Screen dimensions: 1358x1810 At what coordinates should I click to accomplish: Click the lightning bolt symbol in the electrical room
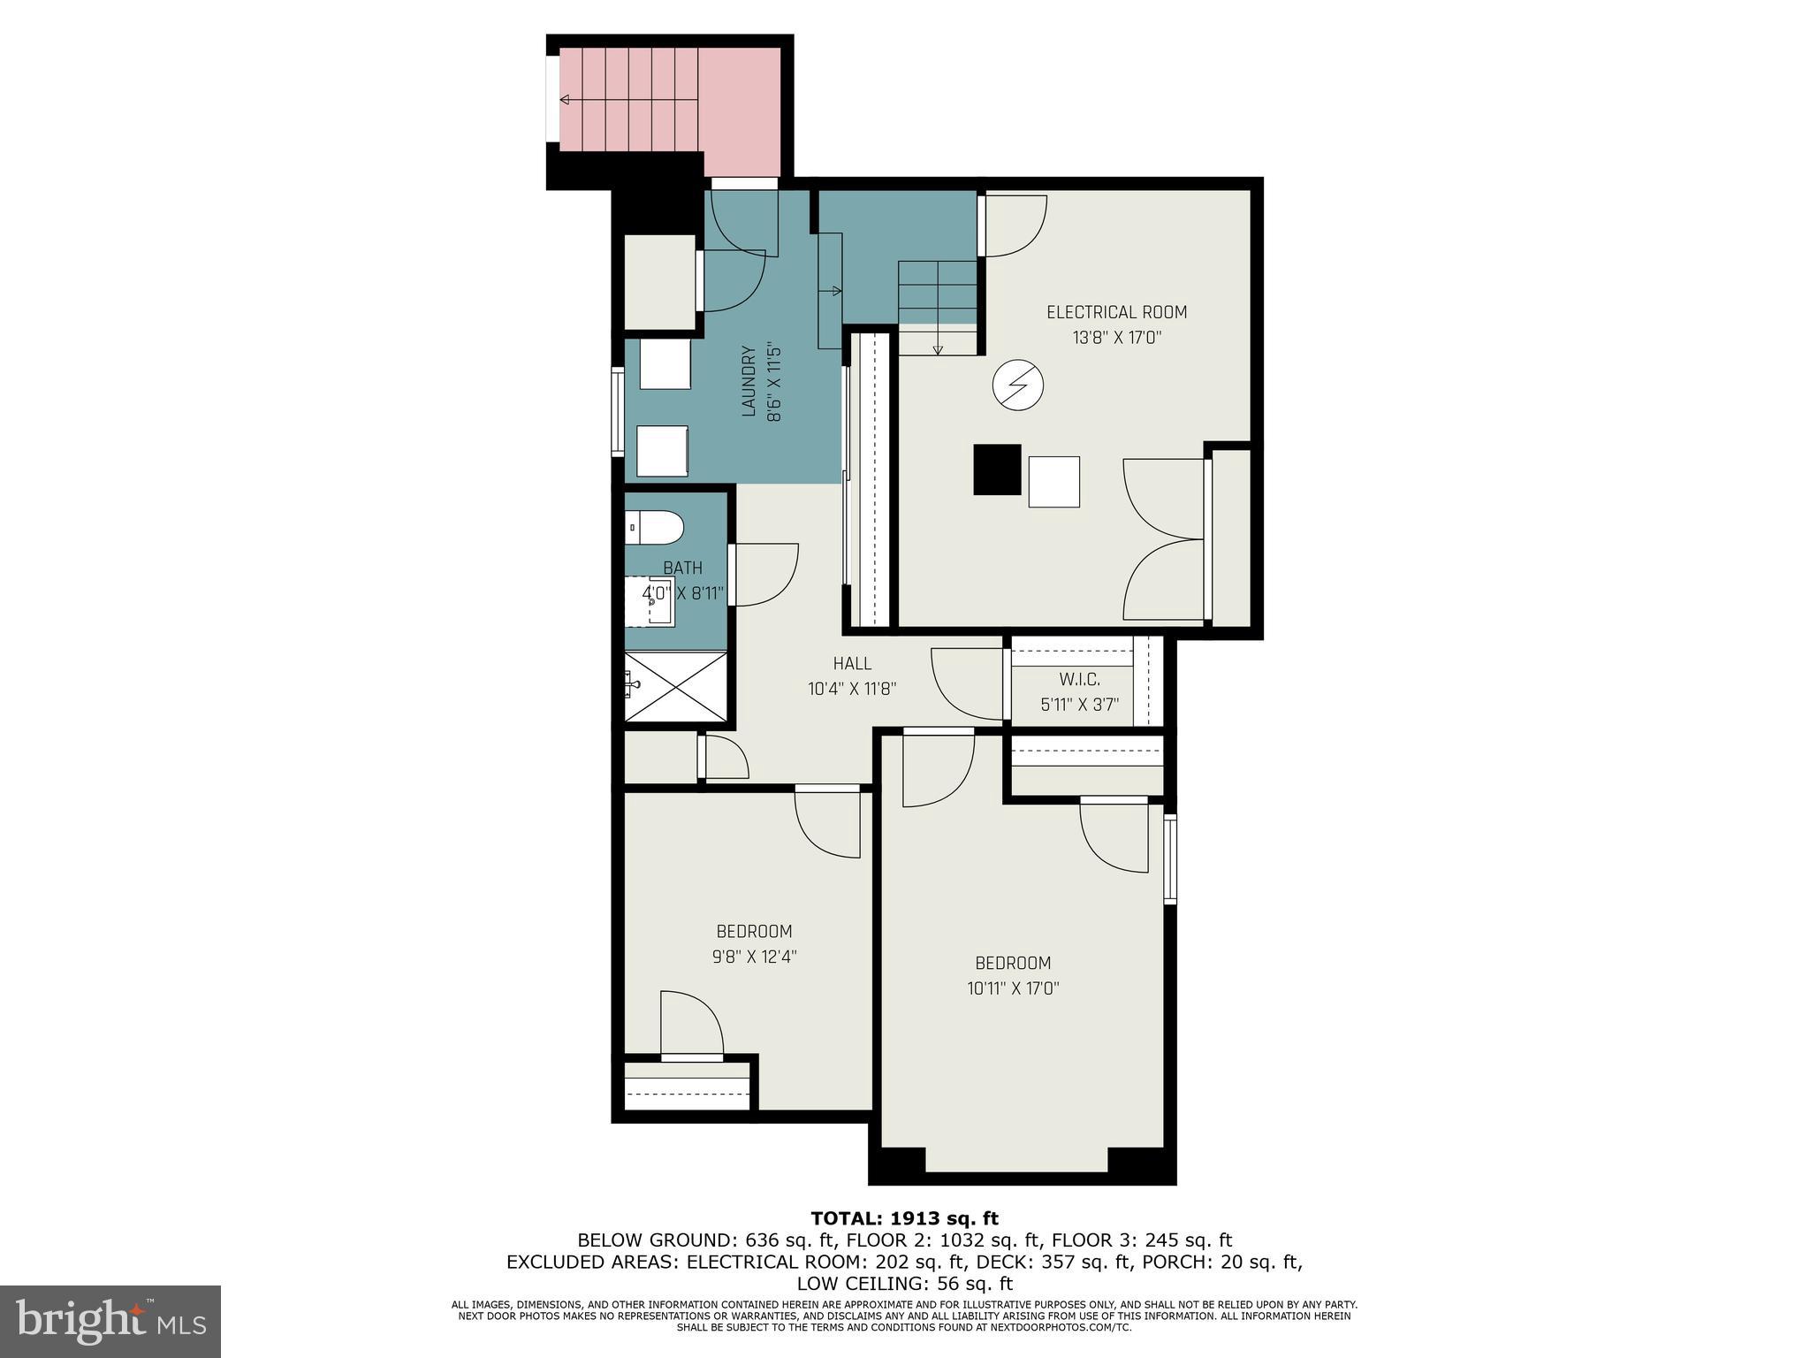(x=1018, y=385)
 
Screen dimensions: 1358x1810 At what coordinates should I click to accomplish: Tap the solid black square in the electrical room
(x=997, y=469)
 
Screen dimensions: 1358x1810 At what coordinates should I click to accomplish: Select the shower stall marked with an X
(x=676, y=686)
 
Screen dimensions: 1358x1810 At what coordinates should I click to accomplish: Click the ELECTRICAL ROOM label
(x=1116, y=312)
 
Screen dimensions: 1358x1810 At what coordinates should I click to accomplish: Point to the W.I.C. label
(x=1079, y=679)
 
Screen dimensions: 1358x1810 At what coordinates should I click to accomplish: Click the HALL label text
(x=852, y=663)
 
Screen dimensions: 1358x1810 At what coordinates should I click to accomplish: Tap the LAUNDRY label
(x=748, y=381)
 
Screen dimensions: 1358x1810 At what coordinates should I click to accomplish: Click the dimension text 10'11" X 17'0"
(x=1013, y=988)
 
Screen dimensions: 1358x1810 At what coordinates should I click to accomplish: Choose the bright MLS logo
(x=110, y=1321)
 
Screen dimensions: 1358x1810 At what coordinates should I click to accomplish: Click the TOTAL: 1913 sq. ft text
(x=904, y=1218)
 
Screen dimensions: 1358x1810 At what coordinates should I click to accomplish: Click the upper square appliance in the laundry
(x=665, y=364)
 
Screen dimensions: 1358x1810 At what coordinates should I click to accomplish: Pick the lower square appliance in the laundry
(x=662, y=451)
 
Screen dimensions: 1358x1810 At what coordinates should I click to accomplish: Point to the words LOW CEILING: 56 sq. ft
(x=904, y=1283)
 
